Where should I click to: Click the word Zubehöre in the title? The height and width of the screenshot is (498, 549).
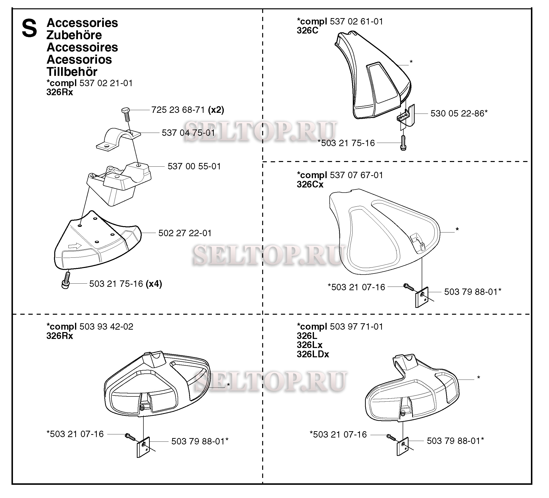pos(74,35)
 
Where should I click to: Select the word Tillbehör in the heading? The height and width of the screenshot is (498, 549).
pos(72,72)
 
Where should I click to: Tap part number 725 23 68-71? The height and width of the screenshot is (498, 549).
pos(178,110)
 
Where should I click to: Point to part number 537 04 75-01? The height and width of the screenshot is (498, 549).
pos(188,133)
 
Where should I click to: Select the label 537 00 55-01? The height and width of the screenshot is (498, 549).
pos(194,166)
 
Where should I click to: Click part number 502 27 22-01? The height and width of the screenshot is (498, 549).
pos(185,233)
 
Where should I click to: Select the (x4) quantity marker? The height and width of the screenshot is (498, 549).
pos(154,284)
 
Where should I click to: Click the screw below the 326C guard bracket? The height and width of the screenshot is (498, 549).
pos(403,143)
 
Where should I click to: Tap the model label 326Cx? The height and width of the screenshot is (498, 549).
pos(310,184)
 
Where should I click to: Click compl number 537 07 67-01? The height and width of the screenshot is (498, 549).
pos(356,175)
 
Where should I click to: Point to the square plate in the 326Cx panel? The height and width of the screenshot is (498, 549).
pos(421,297)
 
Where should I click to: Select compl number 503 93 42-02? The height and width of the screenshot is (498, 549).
pos(107,326)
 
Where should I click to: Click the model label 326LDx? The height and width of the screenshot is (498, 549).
pos(313,354)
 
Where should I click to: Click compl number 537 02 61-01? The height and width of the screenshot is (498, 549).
pos(356,21)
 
